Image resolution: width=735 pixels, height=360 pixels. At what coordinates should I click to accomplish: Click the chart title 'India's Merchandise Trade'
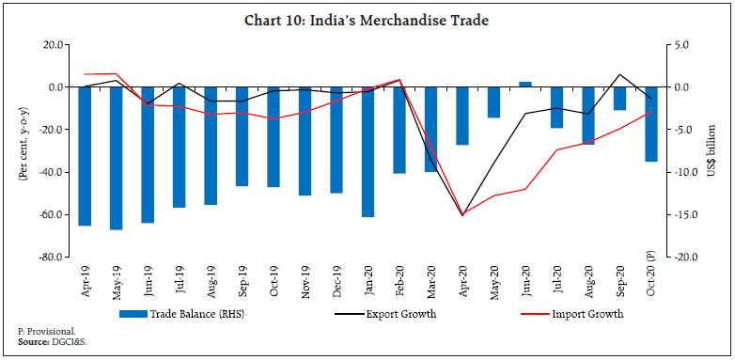click(367, 19)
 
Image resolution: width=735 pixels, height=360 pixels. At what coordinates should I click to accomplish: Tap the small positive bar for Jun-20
click(525, 85)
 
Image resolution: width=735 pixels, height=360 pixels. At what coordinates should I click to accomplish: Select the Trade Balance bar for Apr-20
click(462, 116)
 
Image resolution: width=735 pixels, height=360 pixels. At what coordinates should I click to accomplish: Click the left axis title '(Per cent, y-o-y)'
click(22, 150)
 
